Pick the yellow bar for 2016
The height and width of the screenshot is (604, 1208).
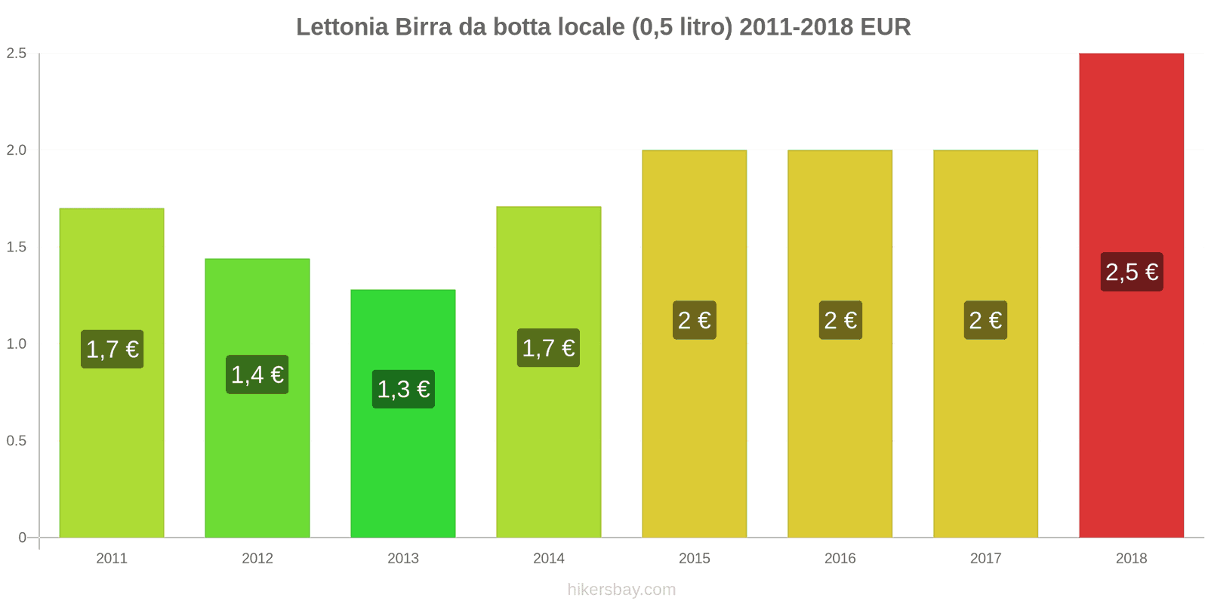[840, 438]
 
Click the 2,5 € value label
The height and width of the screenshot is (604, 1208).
[1131, 272]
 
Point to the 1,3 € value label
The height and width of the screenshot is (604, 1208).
[403, 390]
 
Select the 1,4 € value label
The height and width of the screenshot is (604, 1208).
[257, 374]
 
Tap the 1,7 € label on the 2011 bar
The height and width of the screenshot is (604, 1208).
[112, 350]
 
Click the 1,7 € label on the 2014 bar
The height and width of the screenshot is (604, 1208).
[549, 348]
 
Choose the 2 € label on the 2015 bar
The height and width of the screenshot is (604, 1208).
[695, 320]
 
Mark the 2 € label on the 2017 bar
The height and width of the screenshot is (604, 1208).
[985, 320]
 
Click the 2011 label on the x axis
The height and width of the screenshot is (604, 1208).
[112, 559]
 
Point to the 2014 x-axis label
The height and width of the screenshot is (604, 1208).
[549, 559]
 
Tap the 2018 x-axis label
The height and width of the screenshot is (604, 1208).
[1131, 559]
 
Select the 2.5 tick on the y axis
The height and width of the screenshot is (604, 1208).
[17, 53]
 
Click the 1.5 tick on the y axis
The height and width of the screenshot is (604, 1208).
[17, 247]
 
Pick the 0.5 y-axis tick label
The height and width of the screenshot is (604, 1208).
[17, 441]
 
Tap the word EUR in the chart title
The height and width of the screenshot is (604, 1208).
[886, 27]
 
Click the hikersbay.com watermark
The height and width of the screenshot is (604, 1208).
[621, 590]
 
